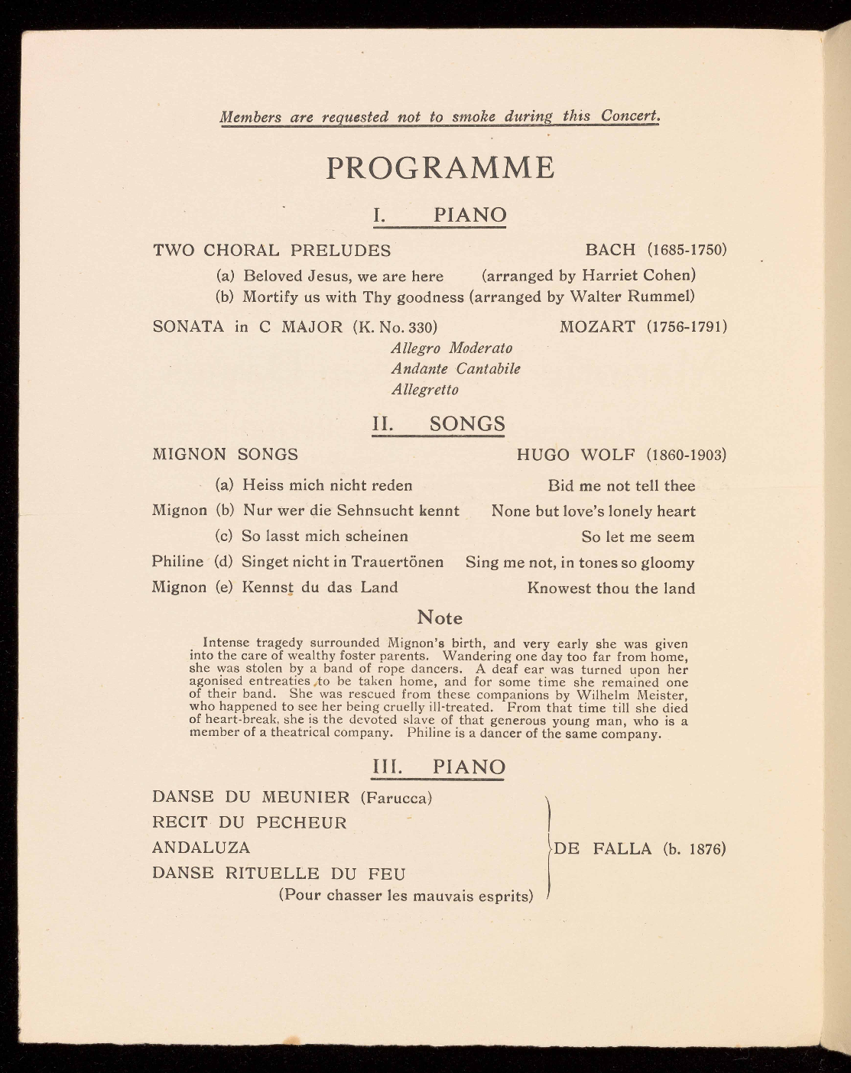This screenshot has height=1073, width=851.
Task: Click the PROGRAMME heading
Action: tap(440, 168)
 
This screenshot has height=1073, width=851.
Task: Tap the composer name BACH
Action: tap(610, 250)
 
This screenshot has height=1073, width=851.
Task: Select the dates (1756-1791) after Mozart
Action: tap(686, 327)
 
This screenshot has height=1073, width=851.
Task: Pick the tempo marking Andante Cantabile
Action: tap(456, 369)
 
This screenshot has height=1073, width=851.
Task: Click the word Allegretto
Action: tap(425, 390)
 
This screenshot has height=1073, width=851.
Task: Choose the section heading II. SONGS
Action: tap(439, 424)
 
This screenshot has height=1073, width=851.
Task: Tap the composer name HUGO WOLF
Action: tap(576, 455)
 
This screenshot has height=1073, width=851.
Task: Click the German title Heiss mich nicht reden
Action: tap(327, 485)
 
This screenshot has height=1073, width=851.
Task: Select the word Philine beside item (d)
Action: tap(177, 562)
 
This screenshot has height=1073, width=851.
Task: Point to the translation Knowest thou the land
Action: tap(611, 588)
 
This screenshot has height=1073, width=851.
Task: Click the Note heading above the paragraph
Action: tap(440, 618)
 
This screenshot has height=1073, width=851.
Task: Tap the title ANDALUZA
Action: tap(201, 848)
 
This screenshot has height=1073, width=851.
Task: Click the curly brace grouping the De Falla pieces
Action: tap(549, 848)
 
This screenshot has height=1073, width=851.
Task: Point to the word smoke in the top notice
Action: tap(474, 117)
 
